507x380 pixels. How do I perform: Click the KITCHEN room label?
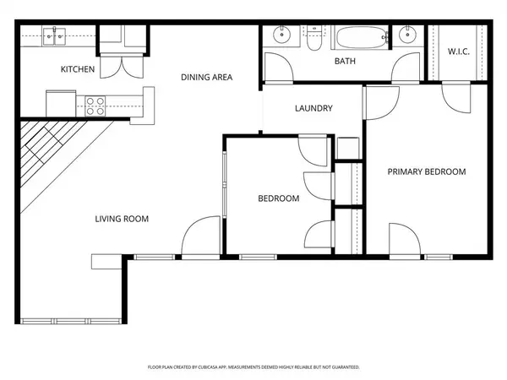click(76, 69)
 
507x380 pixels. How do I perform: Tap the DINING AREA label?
click(206, 78)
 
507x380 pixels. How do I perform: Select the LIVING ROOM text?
click(122, 219)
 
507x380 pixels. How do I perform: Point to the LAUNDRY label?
click(313, 108)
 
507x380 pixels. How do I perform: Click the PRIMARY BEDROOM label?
click(426, 171)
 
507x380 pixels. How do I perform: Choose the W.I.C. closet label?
click(459, 52)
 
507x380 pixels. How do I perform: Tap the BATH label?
click(345, 62)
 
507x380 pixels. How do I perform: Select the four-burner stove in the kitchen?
click(95, 105)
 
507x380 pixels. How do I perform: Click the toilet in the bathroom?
click(313, 38)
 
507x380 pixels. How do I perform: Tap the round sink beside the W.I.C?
click(408, 35)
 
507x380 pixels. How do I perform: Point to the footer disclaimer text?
click(253, 367)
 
